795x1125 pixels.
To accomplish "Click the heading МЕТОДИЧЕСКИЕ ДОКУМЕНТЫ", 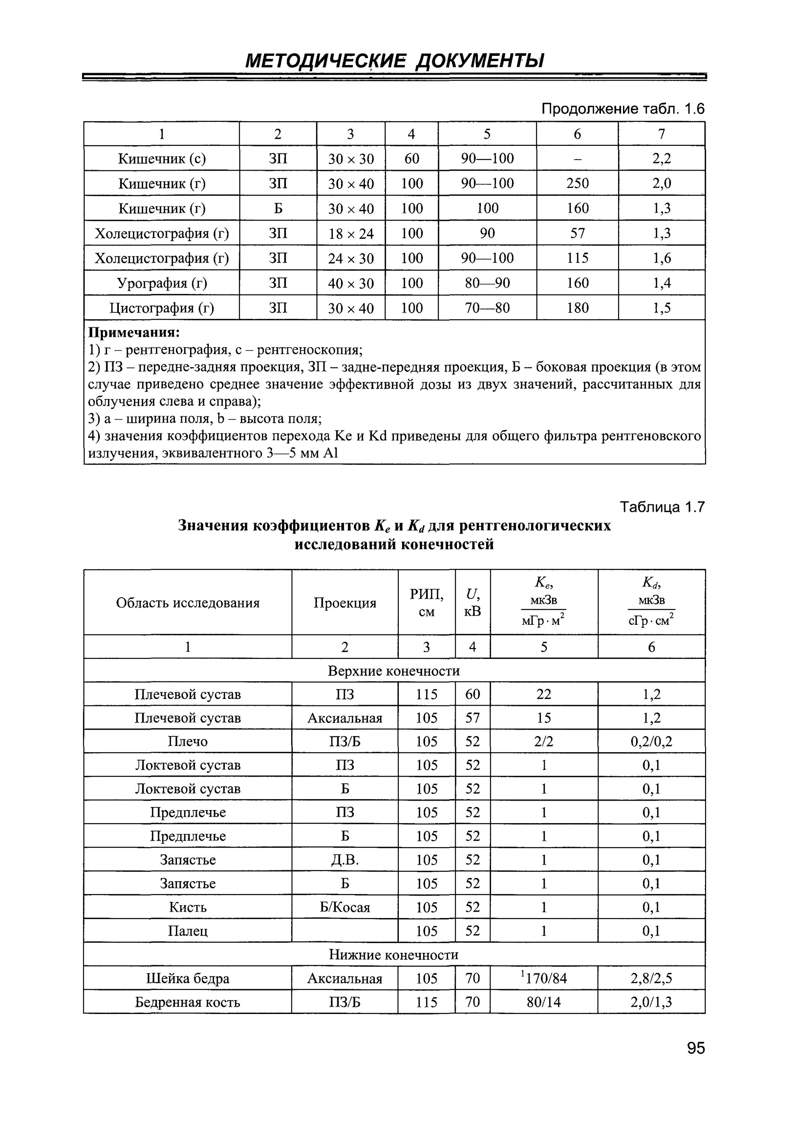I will click(x=394, y=61).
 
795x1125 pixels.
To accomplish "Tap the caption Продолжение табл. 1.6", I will click(x=623, y=109).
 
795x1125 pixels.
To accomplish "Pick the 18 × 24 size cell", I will click(x=351, y=234).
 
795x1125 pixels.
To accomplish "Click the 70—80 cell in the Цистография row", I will click(x=487, y=308).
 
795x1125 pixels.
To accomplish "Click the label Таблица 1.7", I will click(x=662, y=507).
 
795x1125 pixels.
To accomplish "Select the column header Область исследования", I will click(x=188, y=603).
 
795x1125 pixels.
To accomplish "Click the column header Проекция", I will click(x=345, y=603).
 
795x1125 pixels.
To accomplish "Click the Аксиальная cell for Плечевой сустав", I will click(x=345, y=718).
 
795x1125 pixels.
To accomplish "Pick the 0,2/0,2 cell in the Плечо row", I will click(x=651, y=741).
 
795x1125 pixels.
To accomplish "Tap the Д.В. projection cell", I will click(x=345, y=860).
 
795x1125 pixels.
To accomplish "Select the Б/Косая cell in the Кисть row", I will click(x=345, y=907).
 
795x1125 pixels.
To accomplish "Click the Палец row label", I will click(x=188, y=930).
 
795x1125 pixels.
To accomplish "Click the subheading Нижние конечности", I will click(x=394, y=954).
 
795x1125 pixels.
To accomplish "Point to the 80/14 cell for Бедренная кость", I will click(x=544, y=1002).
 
